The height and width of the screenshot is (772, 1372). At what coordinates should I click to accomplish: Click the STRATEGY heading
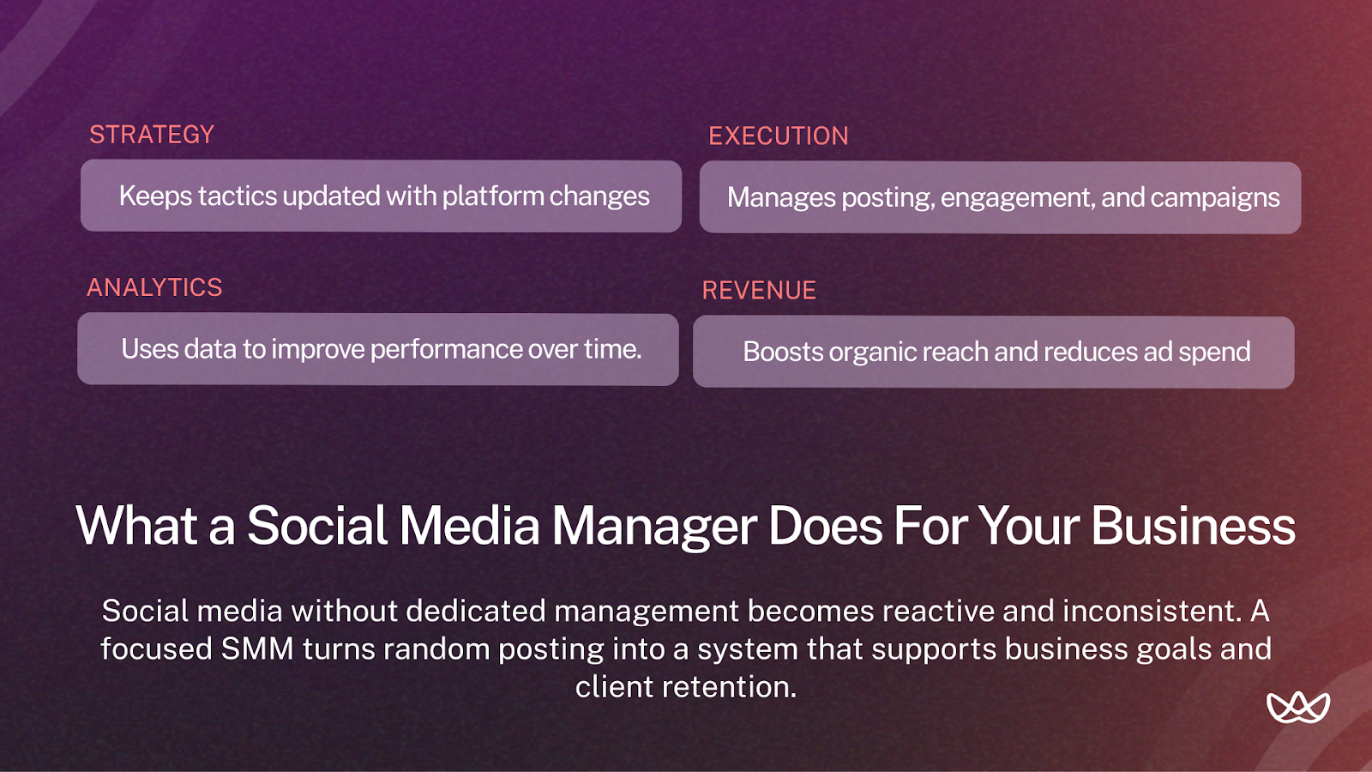pyautogui.click(x=152, y=135)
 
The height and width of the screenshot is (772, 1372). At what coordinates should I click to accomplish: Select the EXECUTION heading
pyautogui.click(x=778, y=136)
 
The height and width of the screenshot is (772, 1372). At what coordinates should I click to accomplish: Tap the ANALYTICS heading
pyautogui.click(x=154, y=287)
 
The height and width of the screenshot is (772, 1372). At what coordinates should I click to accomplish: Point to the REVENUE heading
pyautogui.click(x=759, y=291)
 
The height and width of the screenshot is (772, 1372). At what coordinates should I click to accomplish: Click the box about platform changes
pyautogui.click(x=381, y=196)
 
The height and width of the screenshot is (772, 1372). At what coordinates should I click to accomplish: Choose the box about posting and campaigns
pyautogui.click(x=1000, y=198)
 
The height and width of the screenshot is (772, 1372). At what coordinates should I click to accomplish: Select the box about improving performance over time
pyautogui.click(x=378, y=349)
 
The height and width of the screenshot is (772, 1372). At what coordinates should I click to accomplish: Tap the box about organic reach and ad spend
pyautogui.click(x=993, y=353)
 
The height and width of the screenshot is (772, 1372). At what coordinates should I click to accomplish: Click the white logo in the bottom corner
pyautogui.click(x=1297, y=707)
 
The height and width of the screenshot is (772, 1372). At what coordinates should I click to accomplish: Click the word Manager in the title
pyautogui.click(x=654, y=526)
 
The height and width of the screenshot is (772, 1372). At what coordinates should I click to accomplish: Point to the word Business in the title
pyautogui.click(x=1193, y=526)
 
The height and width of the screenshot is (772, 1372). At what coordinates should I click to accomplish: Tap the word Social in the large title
pyautogui.click(x=317, y=526)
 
